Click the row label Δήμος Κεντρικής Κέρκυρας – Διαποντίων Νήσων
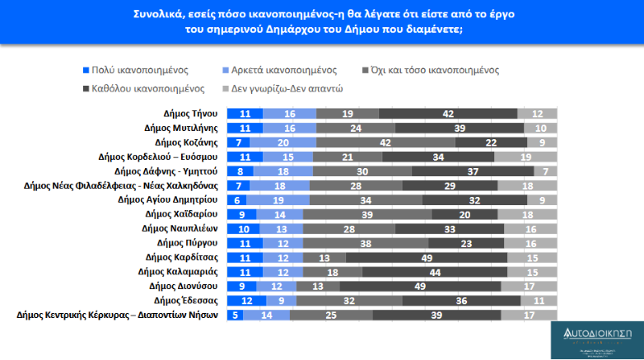click(x=117, y=314)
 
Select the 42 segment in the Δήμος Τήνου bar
click(x=448, y=114)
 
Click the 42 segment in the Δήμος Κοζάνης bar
click(x=384, y=143)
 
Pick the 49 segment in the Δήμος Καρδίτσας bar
click(x=426, y=257)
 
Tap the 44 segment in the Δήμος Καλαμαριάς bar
click(x=433, y=271)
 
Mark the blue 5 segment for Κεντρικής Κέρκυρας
click(x=236, y=314)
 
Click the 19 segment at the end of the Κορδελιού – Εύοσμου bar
click(x=525, y=157)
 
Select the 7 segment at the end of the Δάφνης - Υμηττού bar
click(x=545, y=171)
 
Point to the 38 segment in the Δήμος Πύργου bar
click(x=365, y=242)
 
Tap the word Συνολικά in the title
click(x=161, y=15)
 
